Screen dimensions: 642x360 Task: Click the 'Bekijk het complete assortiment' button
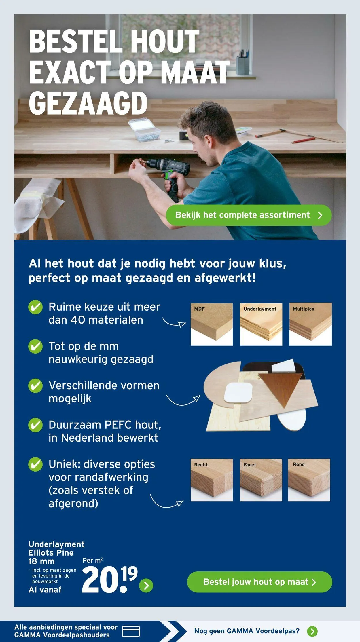[x=249, y=215]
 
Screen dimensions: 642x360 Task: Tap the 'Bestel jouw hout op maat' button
[x=259, y=582]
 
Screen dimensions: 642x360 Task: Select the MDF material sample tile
[x=212, y=324]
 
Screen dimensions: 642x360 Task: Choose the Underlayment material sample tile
[x=261, y=324]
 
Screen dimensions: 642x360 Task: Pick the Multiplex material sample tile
[x=310, y=324]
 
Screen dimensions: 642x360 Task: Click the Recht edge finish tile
[x=212, y=480]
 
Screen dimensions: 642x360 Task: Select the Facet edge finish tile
[x=261, y=480]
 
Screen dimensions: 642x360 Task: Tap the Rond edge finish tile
[x=309, y=480]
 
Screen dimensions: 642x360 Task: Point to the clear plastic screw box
[x=144, y=130]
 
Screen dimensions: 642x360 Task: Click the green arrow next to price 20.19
[x=146, y=585]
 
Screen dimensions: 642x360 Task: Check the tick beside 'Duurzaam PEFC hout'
[x=35, y=425]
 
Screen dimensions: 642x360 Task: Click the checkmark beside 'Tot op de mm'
[x=35, y=346]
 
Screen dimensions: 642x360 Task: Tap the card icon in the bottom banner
[x=131, y=631]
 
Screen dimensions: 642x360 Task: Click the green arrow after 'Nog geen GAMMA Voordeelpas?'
[x=312, y=631]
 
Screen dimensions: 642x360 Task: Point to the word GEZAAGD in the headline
[x=88, y=103]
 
